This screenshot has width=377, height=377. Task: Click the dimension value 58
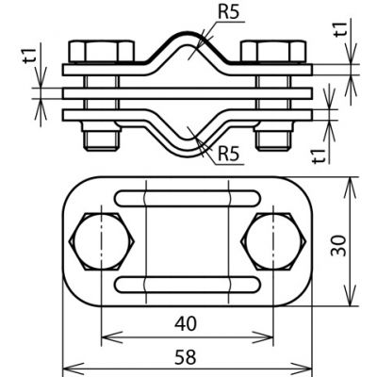pos(186,357)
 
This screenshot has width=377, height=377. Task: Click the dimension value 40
pos(186,323)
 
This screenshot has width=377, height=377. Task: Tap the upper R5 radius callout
pos(228,12)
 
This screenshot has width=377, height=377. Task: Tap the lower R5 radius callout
pos(229,154)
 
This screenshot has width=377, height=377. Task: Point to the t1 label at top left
pos(30,57)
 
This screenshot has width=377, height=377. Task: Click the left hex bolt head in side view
pos(101,51)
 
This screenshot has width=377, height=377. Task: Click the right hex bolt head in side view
pos(273,51)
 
